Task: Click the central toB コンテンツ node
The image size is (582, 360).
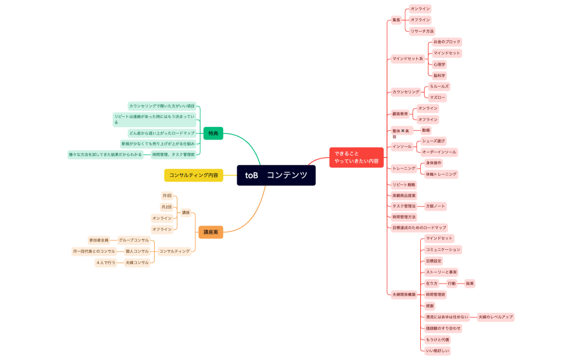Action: [x=276, y=175]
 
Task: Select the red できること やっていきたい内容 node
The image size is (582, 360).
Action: [x=356, y=157]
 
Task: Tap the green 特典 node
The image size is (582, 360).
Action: [x=213, y=133]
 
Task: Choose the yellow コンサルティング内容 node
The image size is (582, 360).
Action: [x=193, y=175]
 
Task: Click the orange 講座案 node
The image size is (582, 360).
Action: [x=211, y=232]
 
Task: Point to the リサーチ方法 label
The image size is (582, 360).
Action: [x=422, y=31]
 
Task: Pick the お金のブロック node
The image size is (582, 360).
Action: [x=446, y=42]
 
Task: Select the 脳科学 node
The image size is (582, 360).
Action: [x=439, y=75]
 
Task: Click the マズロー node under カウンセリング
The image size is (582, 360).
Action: [x=437, y=97]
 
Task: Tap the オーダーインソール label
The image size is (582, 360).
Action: [x=439, y=152]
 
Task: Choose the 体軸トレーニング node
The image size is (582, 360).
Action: [x=441, y=174]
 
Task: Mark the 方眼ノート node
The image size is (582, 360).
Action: [x=435, y=206]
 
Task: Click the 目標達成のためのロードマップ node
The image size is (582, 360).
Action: [x=418, y=228]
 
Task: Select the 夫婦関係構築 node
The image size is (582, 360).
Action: [x=404, y=295]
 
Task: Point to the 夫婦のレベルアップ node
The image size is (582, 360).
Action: [x=496, y=317]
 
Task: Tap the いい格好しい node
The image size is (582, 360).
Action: [x=437, y=351]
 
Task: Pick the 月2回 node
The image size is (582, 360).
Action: [x=166, y=207]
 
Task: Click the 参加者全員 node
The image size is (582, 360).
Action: [x=99, y=240]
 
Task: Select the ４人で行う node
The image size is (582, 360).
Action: [x=106, y=263]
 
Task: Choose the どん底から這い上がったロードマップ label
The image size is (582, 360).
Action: [x=162, y=133]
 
